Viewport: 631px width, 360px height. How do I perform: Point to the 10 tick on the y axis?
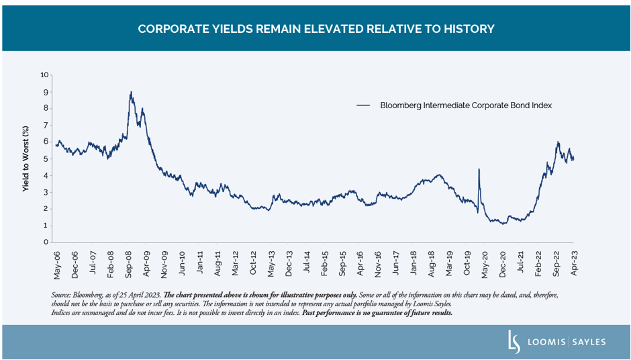[45, 75]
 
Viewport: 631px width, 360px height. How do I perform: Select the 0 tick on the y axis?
[46, 242]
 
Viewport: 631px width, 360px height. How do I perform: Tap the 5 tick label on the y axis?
[46, 159]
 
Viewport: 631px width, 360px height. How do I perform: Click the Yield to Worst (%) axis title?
[26, 159]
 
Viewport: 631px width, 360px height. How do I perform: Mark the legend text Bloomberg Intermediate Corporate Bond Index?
[466, 105]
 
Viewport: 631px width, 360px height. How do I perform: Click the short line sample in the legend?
[364, 105]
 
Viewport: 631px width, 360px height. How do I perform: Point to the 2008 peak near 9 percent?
[131, 92]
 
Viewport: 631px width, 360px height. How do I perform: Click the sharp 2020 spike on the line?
[479, 170]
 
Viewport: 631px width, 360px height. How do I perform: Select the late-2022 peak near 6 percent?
[558, 142]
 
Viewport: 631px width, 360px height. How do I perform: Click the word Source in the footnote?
[60, 296]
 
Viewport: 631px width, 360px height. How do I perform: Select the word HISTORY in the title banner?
[469, 29]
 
